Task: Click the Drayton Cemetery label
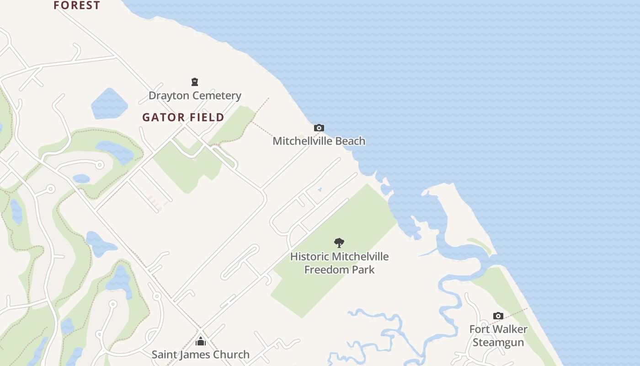pos(195,96)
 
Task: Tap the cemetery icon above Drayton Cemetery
pos(195,82)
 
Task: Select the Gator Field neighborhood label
pos(183,118)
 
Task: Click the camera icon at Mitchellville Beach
pos(319,128)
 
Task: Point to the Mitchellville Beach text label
pos(319,141)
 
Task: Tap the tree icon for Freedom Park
pos(339,243)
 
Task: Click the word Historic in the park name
pos(309,257)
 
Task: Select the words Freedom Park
pos(339,269)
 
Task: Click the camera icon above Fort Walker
pos(498,316)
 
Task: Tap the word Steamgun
pos(498,342)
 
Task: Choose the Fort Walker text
pos(498,329)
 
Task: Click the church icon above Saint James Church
pos(200,341)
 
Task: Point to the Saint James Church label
pos(200,355)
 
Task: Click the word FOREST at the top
pos(77,5)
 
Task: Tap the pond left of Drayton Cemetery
pos(109,104)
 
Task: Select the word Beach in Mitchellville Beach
pos(350,141)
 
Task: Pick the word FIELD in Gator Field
pos(207,118)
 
